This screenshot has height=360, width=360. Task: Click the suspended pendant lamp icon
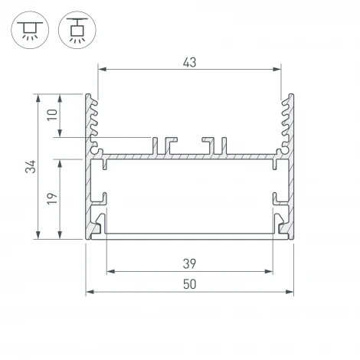click(74, 29)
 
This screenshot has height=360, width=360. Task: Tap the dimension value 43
click(190, 62)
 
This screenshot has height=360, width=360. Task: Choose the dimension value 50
click(190, 284)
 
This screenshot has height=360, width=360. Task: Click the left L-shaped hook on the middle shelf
click(165, 145)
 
